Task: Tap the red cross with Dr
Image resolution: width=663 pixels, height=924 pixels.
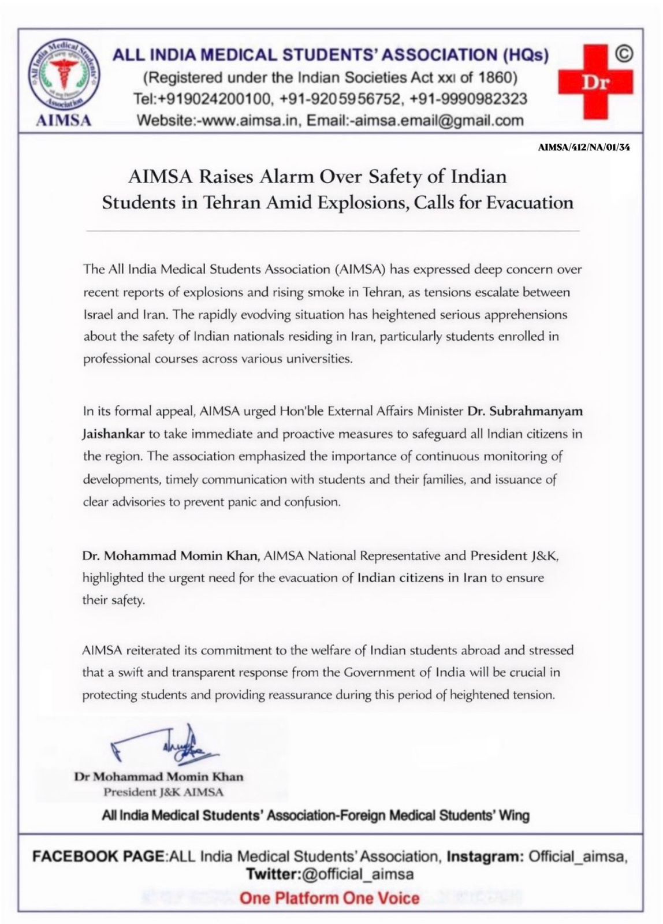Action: (595, 82)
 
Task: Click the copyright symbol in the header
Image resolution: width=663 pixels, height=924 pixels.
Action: (624, 54)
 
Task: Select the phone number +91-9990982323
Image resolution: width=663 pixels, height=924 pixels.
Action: (468, 99)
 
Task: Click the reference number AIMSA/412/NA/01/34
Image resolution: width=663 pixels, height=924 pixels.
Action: (584, 147)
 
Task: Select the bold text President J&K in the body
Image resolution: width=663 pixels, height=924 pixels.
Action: (515, 556)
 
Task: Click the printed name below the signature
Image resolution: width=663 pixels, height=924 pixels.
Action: (159, 777)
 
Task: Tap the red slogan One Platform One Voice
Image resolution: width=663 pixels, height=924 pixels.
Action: (329, 898)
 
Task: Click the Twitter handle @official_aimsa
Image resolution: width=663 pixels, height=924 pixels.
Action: (357, 874)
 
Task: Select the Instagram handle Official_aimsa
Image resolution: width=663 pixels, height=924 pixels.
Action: (578, 856)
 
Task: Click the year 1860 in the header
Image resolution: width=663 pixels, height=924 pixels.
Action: (498, 77)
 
